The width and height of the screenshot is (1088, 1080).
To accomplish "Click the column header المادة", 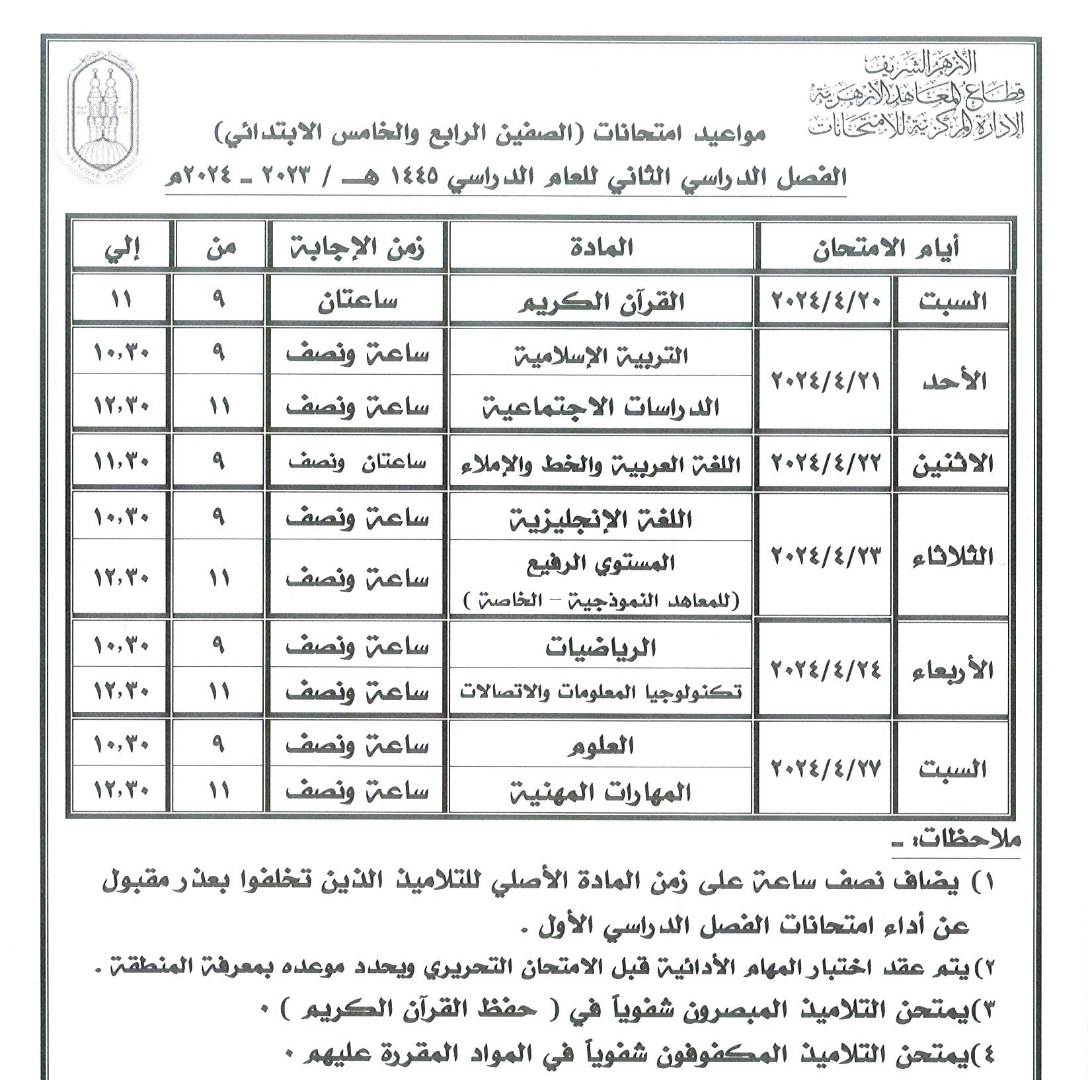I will (x=601, y=247).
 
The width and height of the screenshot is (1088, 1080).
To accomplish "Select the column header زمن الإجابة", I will (x=357, y=247).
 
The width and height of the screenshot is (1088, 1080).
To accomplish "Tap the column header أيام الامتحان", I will (x=885, y=249).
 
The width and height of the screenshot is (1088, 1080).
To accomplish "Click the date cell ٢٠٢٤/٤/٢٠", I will (x=826, y=301).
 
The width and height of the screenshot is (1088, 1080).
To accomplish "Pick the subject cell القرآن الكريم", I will (x=601, y=302).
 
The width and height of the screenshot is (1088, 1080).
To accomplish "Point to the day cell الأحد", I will (x=952, y=381).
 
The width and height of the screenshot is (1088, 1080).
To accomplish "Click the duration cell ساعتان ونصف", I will (x=357, y=462).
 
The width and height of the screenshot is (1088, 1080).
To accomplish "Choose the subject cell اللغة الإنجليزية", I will (x=601, y=519).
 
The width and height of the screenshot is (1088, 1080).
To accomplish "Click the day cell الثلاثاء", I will (x=952, y=557).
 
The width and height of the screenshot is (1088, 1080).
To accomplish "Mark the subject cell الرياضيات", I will (x=601, y=647).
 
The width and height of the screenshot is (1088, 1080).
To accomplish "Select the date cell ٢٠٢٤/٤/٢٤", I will (x=826, y=670).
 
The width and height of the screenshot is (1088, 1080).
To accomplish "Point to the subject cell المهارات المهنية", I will (x=601, y=791).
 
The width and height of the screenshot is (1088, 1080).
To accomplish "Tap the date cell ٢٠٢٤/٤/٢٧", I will (x=826, y=769).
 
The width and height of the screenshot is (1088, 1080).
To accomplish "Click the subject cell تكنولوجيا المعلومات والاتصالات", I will (x=601, y=692).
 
